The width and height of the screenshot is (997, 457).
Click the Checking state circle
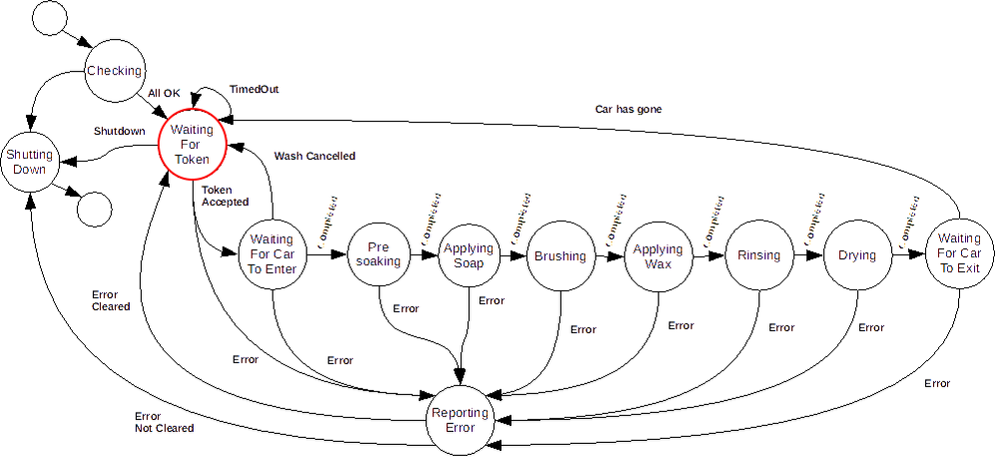click(115, 71)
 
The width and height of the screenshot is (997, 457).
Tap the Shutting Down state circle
click(29, 162)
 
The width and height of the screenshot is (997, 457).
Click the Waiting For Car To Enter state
click(271, 254)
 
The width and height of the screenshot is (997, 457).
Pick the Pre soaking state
click(378, 254)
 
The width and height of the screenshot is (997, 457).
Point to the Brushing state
click(560, 255)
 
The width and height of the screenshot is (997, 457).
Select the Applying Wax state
click(658, 255)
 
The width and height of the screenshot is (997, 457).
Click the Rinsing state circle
click(758, 255)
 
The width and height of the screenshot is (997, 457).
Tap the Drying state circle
click(856, 255)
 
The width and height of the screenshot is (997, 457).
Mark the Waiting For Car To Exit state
click(959, 253)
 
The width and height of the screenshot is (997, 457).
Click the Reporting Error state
click(459, 420)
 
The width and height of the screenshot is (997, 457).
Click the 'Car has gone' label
click(628, 109)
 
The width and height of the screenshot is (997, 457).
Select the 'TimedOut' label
click(253, 89)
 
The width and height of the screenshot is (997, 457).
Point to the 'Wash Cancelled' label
click(314, 156)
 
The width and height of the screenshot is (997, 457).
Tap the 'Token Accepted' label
click(225, 196)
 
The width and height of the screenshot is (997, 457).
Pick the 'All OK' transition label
click(164, 93)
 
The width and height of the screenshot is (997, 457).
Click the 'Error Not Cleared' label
click(164, 422)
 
